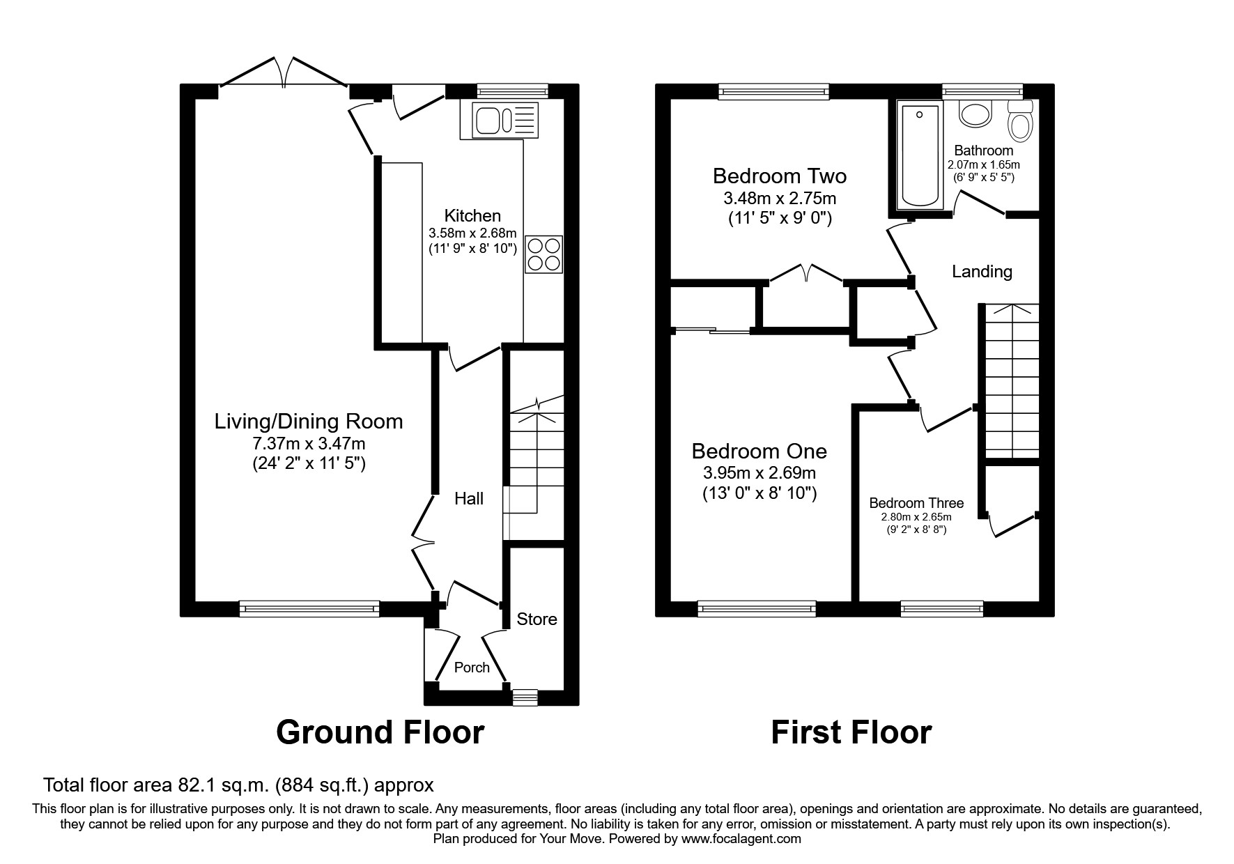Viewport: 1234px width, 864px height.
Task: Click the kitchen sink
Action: (505, 119)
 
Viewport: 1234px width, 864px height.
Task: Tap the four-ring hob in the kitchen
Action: (544, 254)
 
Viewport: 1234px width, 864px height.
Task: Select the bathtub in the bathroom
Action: (920, 154)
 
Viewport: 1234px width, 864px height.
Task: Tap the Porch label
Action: (472, 668)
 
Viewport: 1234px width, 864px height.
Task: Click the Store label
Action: (537, 619)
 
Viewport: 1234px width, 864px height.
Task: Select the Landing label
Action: (982, 271)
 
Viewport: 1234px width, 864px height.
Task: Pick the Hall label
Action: (469, 498)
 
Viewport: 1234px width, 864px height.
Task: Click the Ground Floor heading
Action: (380, 732)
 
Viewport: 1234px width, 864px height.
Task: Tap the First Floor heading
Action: (851, 732)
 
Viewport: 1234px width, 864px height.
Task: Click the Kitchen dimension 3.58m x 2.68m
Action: (472, 233)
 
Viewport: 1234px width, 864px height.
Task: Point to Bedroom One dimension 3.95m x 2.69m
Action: (759, 473)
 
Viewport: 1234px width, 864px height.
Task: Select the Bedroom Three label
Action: (916, 503)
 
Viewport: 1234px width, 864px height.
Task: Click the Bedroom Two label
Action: (779, 176)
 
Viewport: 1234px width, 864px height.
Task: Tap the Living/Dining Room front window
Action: (309, 608)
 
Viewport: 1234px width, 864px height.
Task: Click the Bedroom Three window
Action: (941, 608)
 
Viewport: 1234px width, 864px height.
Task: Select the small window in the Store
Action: (525, 697)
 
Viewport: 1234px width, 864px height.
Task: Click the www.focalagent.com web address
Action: (741, 839)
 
